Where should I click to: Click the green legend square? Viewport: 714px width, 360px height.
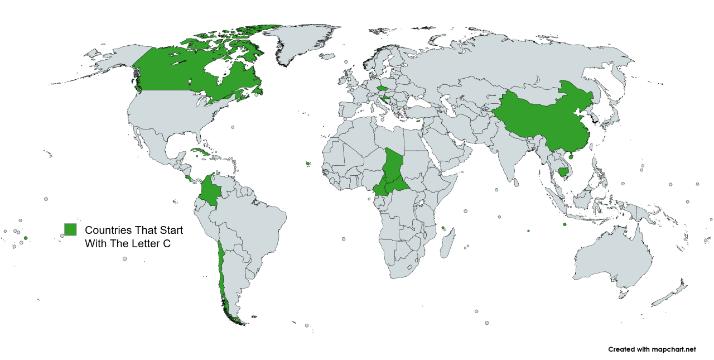pyautogui.click(x=70, y=229)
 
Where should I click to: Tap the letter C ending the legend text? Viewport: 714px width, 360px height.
pyautogui.click(x=166, y=244)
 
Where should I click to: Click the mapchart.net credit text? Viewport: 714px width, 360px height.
pyautogui.click(x=652, y=349)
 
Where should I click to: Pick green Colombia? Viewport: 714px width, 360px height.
pyautogui.click(x=209, y=190)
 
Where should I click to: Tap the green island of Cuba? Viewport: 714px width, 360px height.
pyautogui.click(x=198, y=151)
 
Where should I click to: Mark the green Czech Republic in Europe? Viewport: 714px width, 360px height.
pyautogui.click(x=383, y=88)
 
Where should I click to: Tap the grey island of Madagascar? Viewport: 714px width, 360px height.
pyautogui.click(x=446, y=246)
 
